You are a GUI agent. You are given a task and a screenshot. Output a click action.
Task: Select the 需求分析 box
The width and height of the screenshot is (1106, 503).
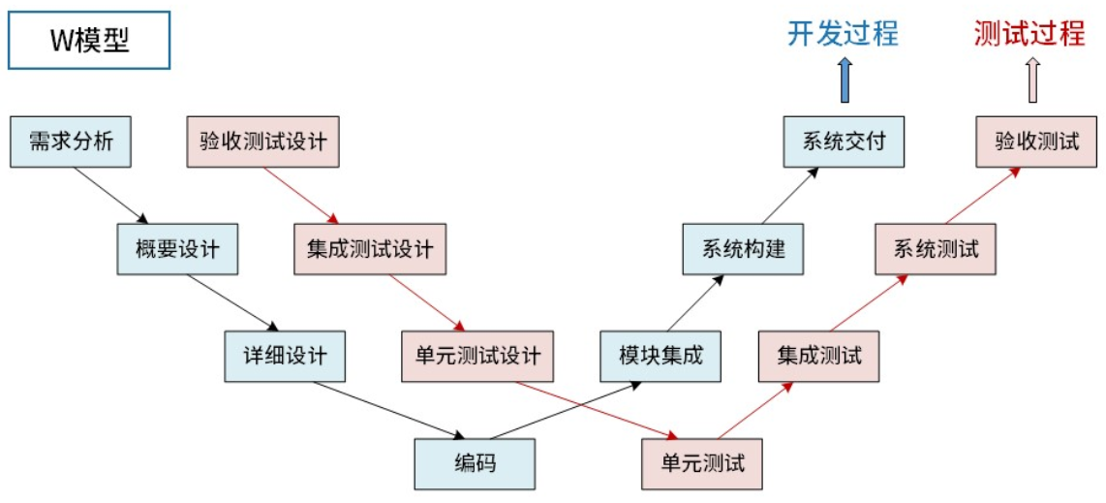point(71,141)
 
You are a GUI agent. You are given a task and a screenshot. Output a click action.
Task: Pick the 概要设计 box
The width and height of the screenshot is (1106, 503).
point(177,249)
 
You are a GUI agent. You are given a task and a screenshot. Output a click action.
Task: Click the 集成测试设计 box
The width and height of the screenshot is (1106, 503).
point(370,249)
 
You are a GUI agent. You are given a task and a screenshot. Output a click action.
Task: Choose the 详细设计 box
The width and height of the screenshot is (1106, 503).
point(285,356)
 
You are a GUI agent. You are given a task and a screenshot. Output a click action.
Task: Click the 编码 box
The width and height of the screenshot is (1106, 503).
point(475,463)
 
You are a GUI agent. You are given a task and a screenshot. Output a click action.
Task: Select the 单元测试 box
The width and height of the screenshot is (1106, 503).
point(702,463)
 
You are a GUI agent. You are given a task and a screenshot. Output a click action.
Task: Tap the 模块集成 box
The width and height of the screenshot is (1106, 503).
point(661,356)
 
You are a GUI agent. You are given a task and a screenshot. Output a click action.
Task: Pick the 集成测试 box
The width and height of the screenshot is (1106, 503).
point(819,356)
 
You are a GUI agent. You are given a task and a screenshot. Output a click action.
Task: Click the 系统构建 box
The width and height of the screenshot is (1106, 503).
point(744,249)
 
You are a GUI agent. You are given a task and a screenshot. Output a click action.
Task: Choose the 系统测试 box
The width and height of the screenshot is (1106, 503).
point(936,249)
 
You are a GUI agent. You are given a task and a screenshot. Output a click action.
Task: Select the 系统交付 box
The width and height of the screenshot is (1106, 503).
point(844,141)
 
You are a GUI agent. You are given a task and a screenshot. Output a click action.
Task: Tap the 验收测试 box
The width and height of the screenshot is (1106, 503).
point(1037,141)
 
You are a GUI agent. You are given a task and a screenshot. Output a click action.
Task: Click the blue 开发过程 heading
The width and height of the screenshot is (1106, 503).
point(844,33)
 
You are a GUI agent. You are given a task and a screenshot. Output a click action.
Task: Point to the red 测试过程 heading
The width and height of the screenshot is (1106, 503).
point(1029,33)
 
